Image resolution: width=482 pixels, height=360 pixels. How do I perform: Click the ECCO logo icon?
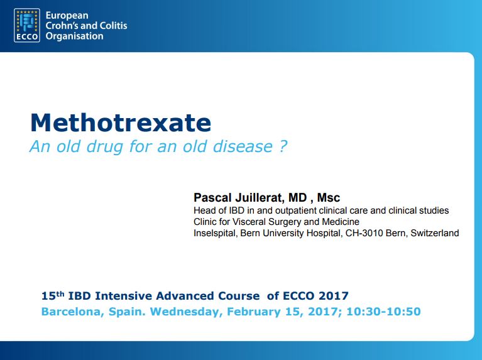point(27,25)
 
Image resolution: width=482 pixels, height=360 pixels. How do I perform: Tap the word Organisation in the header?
point(74,36)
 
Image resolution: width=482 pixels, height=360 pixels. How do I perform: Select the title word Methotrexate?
point(121,123)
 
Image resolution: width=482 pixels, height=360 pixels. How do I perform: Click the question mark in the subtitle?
point(283,146)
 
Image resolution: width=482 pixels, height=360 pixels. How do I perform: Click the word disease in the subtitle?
point(243,146)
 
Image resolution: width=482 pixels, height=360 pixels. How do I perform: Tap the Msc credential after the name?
point(328,197)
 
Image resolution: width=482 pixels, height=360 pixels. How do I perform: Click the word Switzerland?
point(435,233)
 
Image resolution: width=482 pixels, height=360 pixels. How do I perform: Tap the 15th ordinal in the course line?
point(53,295)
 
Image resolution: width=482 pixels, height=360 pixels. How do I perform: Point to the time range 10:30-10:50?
point(383,312)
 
